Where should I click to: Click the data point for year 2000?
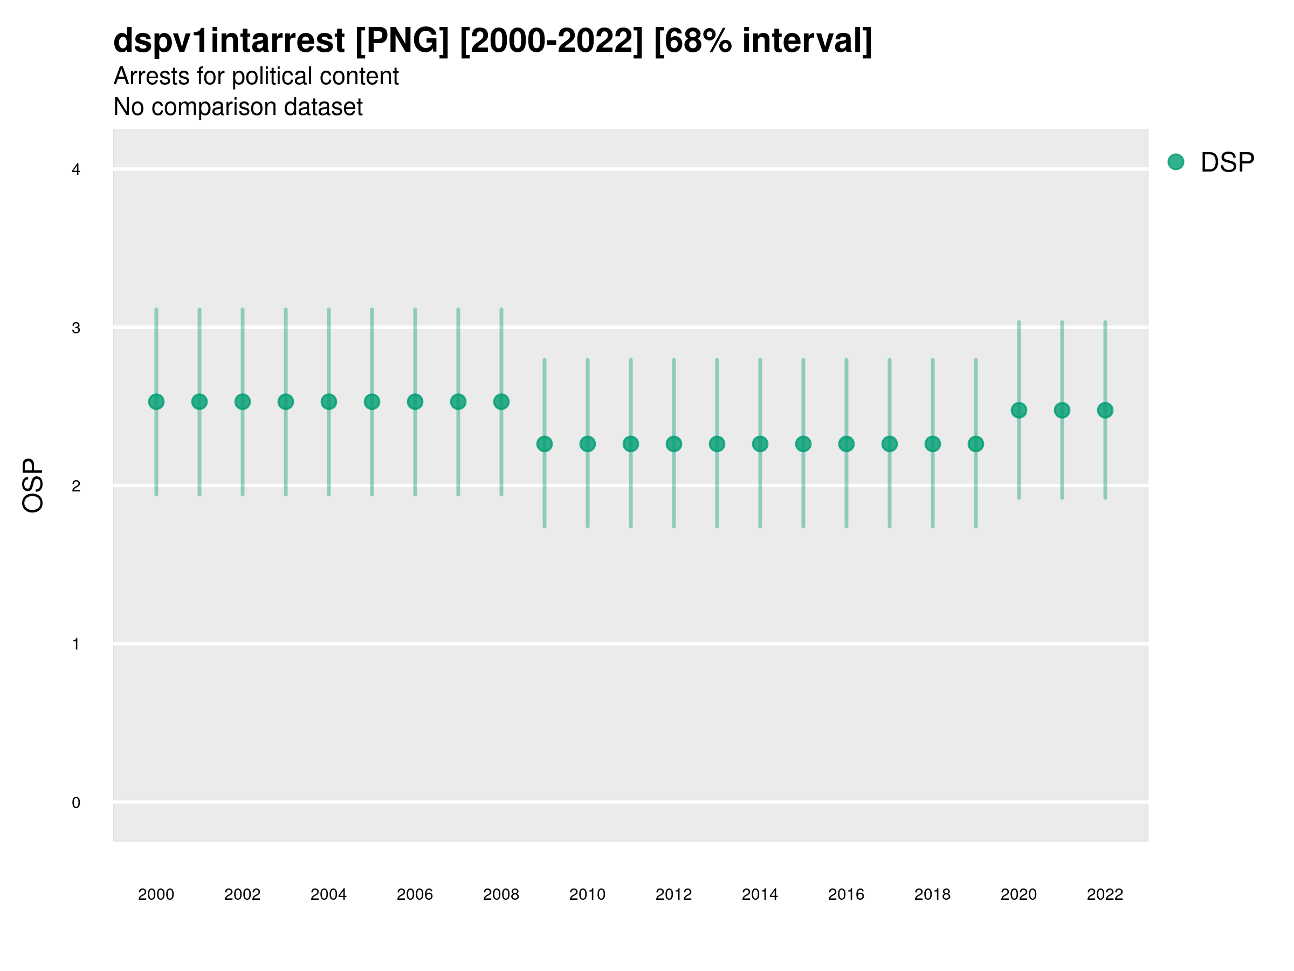coord(156,401)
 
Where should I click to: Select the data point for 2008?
coord(501,401)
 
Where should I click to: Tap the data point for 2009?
coord(545,445)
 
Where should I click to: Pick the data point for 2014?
coord(760,445)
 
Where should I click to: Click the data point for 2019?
coord(976,445)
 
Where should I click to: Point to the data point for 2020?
coord(1019,411)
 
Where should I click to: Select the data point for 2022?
coord(1105,411)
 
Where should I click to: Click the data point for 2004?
coord(329,401)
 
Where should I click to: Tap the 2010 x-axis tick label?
coord(587,894)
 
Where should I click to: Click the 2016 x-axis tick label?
coord(846,894)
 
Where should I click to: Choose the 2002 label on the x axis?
coord(242,894)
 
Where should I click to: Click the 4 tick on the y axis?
coord(76,170)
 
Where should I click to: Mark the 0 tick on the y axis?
coord(76,803)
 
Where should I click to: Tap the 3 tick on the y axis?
coord(76,328)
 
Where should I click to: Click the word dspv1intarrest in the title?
coord(229,40)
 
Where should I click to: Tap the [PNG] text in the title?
coord(402,40)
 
